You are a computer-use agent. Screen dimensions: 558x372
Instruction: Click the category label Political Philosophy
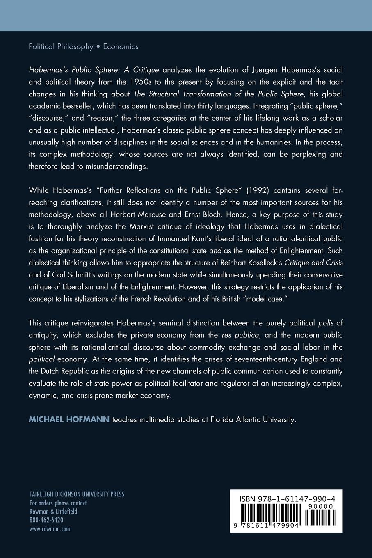click(x=61, y=47)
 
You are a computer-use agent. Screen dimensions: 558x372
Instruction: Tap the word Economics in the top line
click(x=121, y=47)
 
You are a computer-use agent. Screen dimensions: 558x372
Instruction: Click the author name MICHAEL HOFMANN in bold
click(x=69, y=420)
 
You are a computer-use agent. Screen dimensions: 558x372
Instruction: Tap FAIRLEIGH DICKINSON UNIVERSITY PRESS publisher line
click(x=77, y=494)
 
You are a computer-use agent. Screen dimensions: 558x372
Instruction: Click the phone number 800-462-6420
click(x=46, y=520)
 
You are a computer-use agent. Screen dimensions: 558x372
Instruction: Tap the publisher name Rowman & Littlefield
click(x=53, y=512)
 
